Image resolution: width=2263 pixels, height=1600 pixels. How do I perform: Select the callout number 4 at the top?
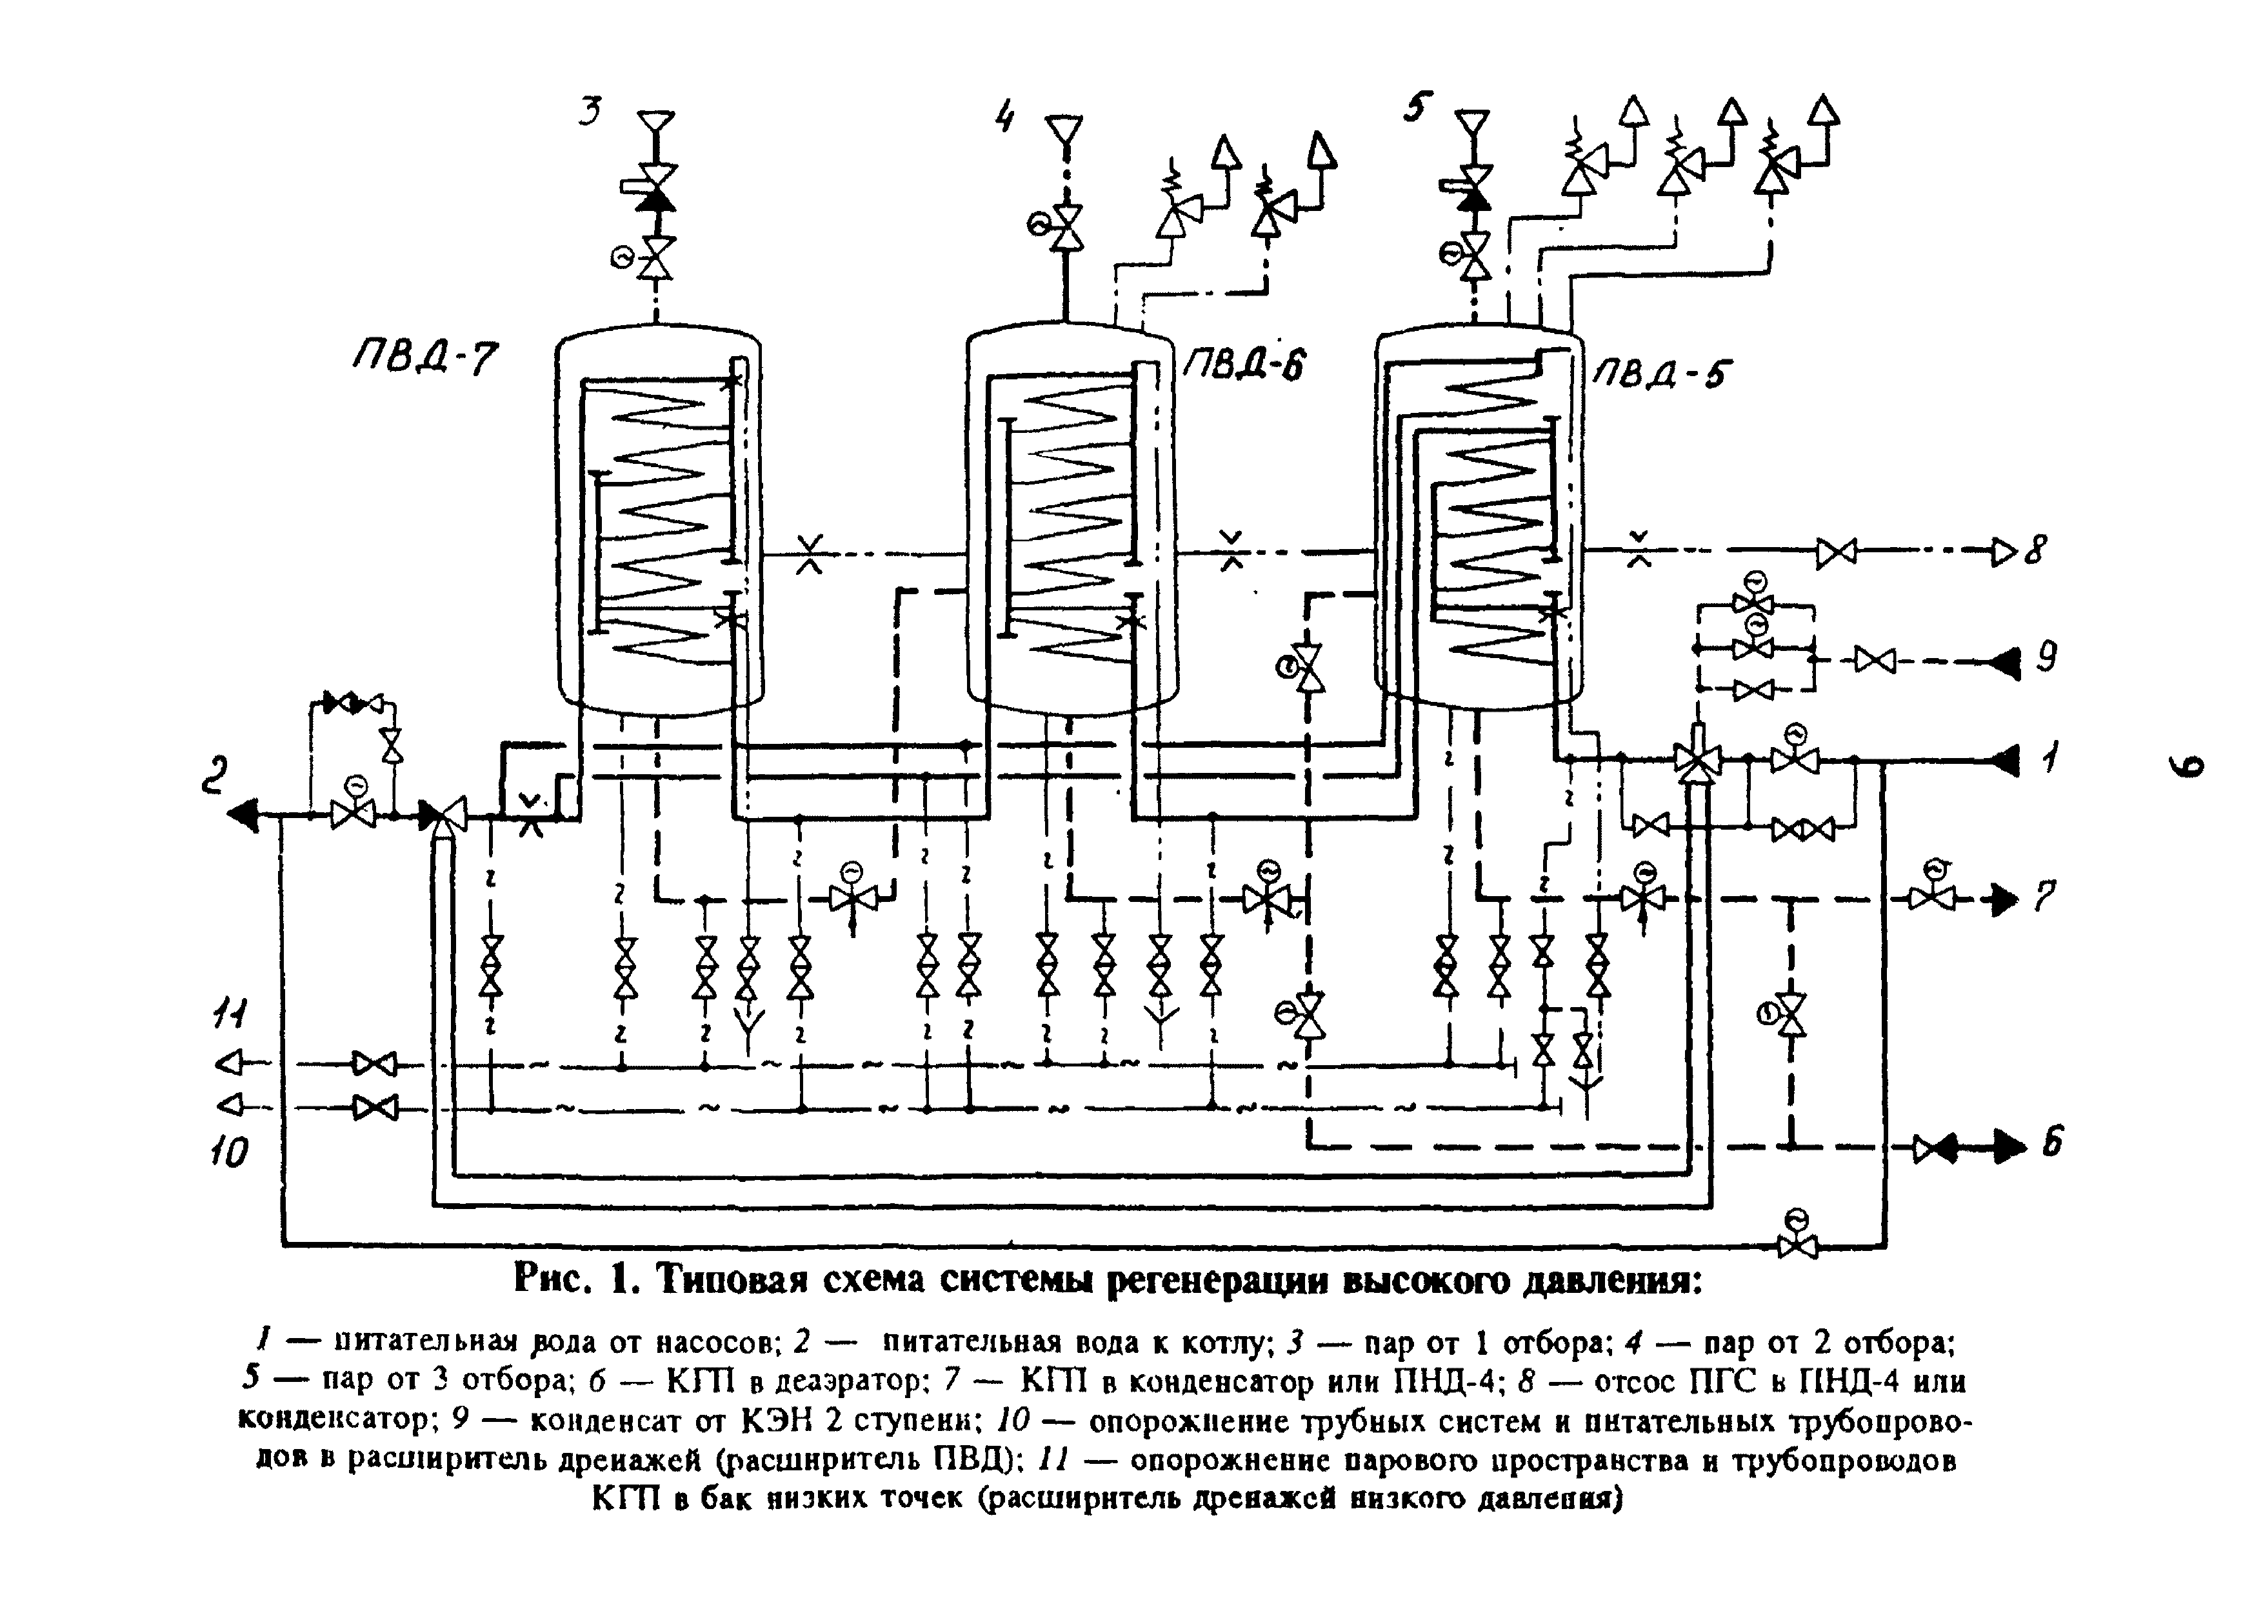coord(1005,116)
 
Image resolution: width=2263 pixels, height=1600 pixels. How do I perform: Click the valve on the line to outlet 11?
coord(375,1064)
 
